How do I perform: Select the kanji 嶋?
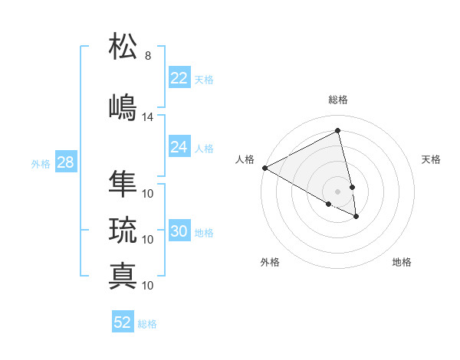click(x=123, y=106)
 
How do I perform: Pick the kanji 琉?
click(x=123, y=229)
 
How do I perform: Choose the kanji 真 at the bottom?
click(x=123, y=275)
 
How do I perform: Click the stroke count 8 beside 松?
click(x=148, y=56)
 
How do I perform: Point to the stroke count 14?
click(x=148, y=117)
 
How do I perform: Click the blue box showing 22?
click(x=179, y=78)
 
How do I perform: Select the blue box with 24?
click(x=179, y=147)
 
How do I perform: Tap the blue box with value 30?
click(x=179, y=231)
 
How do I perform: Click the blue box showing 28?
click(x=65, y=162)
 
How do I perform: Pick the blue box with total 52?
click(x=123, y=322)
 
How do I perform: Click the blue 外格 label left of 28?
click(x=40, y=163)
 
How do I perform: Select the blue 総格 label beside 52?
click(x=147, y=323)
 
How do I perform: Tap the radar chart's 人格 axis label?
click(x=245, y=159)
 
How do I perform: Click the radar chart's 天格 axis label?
click(x=431, y=159)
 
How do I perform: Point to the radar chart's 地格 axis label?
click(x=402, y=262)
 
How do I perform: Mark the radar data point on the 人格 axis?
click(x=264, y=167)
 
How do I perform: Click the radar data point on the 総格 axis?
click(x=338, y=131)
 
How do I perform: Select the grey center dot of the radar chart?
click(x=337, y=190)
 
